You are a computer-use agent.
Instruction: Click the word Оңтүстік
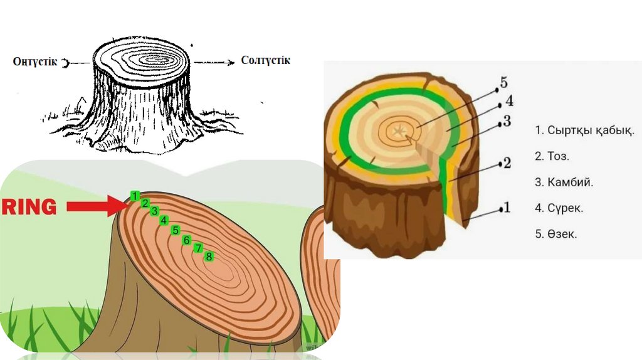pyautogui.click(x=35, y=61)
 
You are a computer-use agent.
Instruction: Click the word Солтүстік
pyautogui.click(x=265, y=61)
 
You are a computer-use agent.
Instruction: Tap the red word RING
pyautogui.click(x=29, y=207)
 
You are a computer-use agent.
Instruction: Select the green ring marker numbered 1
pyautogui.click(x=135, y=196)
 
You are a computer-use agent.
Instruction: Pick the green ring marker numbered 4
pyautogui.click(x=164, y=220)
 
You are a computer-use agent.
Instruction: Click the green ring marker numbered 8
pyautogui.click(x=209, y=257)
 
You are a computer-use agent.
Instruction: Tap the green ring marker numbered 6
pyautogui.click(x=186, y=240)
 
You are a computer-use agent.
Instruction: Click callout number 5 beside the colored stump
pyautogui.click(x=503, y=83)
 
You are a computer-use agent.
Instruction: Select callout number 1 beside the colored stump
pyautogui.click(x=507, y=207)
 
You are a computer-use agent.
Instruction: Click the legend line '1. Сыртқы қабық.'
pyautogui.click(x=584, y=131)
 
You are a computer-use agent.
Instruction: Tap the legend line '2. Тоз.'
pyautogui.click(x=552, y=157)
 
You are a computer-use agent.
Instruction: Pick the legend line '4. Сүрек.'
pyautogui.click(x=559, y=208)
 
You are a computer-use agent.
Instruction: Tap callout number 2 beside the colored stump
pyautogui.click(x=507, y=164)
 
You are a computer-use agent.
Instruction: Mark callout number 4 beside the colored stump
pyautogui.click(x=509, y=101)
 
